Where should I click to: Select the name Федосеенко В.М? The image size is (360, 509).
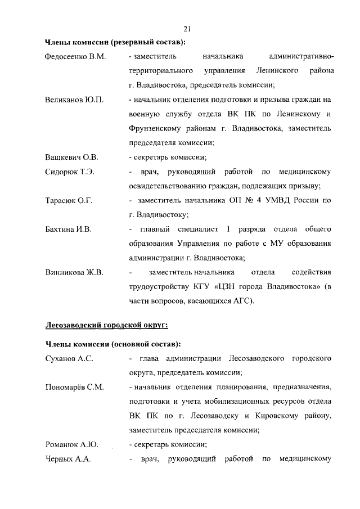(75, 57)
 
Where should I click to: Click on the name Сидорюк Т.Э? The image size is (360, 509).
(69, 172)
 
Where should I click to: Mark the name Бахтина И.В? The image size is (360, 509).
(68, 229)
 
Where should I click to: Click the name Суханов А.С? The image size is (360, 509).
(69, 358)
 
